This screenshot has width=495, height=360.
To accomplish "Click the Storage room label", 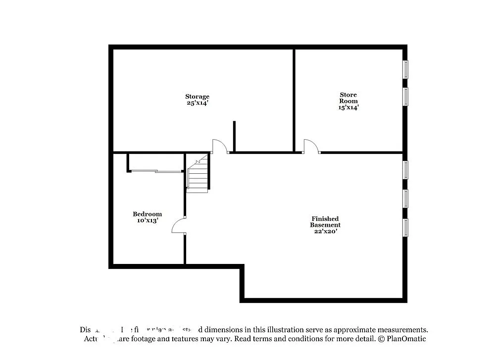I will tap(197, 97).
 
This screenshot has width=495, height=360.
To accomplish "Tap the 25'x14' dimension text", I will tap(197, 103).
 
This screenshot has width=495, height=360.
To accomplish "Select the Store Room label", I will tap(348, 98).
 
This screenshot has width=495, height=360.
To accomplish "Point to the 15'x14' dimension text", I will tap(348, 107).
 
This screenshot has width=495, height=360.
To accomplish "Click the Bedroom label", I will tap(147, 214).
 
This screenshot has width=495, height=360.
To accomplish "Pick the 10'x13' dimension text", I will tap(147, 221).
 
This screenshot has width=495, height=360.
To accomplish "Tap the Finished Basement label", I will tap(325, 221).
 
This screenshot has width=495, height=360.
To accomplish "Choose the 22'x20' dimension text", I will tap(325, 231).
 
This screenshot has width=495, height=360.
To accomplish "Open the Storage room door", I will tap(219, 146).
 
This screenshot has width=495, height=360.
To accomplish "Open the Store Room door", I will tap(311, 146).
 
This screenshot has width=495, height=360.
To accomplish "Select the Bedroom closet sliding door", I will tap(156, 171).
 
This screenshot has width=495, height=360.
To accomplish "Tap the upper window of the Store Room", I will tap(405, 69).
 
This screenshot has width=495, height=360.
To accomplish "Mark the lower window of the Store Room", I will tap(405, 97).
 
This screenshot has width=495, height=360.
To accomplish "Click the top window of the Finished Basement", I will tap(405, 169).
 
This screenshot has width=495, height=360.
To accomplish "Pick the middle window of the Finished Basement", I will tap(405, 198).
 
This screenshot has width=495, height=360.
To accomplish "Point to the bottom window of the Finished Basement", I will tap(405, 227).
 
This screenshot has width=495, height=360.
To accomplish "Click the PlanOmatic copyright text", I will tap(401, 339).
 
